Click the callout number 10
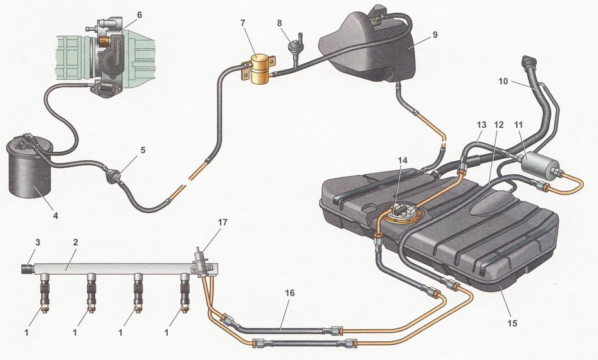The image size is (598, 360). tap(503, 82)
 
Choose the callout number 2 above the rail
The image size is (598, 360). tap(76, 241)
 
